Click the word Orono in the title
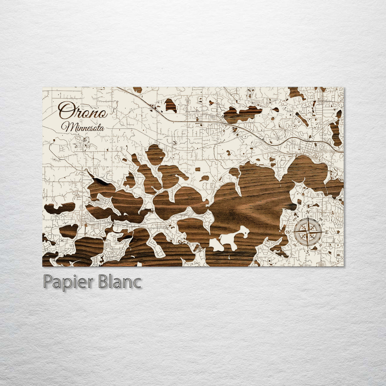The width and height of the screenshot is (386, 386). (x=83, y=110)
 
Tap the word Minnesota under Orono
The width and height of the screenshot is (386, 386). (x=83, y=127)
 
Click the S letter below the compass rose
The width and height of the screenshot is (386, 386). (x=308, y=252)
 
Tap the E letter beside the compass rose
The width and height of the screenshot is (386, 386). (x=327, y=232)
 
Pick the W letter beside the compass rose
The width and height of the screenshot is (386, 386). (x=288, y=232)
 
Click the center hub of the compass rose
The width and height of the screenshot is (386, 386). (x=308, y=232)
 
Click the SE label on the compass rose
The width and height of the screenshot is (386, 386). (x=321, y=244)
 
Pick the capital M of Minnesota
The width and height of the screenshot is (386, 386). (x=66, y=126)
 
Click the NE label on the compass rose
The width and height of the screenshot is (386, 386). (x=321, y=219)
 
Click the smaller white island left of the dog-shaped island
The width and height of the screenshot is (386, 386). (x=216, y=245)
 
